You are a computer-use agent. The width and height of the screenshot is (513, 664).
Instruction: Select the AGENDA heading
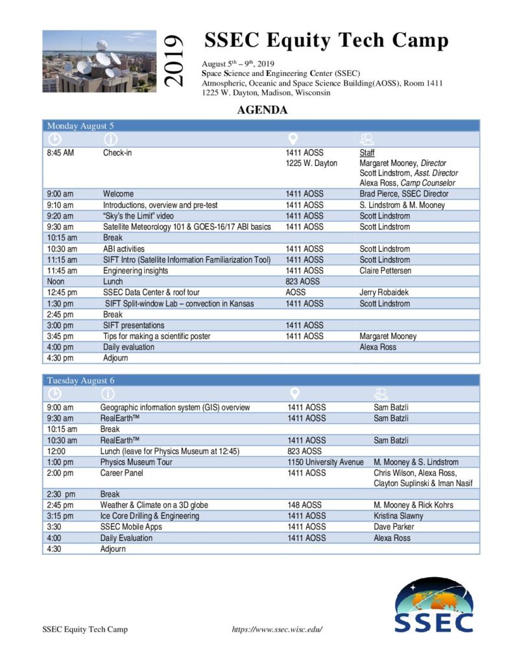pos(262,110)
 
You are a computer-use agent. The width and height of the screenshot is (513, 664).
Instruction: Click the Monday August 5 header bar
pos(261,126)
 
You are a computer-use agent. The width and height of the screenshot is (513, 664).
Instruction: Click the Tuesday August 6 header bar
pos(261,380)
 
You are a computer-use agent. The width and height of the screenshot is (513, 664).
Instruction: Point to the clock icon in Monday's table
pos(55,139)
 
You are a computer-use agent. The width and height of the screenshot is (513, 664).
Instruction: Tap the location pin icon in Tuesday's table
pos(294,394)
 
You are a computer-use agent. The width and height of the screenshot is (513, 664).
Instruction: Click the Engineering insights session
pos(136,270)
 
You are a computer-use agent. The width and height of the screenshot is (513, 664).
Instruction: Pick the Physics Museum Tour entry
pos(136,462)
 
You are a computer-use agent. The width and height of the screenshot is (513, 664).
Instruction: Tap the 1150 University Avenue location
pos(326,462)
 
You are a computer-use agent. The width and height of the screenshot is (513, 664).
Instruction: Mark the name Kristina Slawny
pos(399,516)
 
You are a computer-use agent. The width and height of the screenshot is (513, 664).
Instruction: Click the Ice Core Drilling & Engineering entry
pos(150,516)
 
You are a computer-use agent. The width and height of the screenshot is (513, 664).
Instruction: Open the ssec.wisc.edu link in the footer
pos(277,630)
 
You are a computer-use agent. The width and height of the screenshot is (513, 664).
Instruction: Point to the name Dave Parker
pos(394,527)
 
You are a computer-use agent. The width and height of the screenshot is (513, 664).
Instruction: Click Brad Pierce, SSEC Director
pos(403,194)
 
